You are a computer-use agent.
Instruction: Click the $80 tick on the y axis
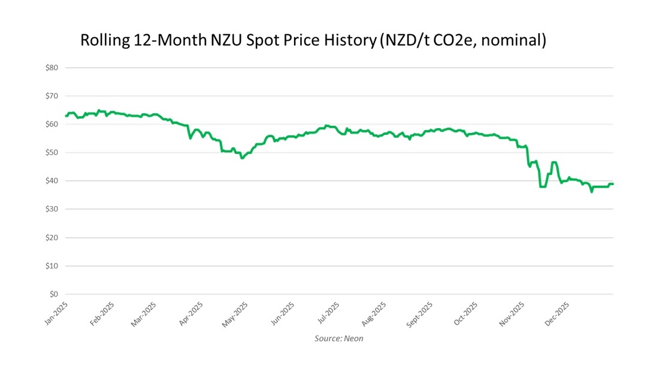click(x=52, y=68)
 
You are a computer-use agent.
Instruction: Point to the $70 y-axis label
click(x=52, y=96)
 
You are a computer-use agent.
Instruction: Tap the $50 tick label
click(x=52, y=153)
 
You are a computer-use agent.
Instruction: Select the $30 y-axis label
click(x=52, y=209)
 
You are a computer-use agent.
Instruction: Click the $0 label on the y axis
click(x=53, y=294)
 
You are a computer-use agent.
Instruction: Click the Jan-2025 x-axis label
click(x=56, y=314)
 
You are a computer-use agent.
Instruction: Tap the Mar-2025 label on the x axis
click(x=144, y=314)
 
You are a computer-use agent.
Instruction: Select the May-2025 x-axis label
click(x=235, y=314)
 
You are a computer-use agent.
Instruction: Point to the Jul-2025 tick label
click(x=328, y=313)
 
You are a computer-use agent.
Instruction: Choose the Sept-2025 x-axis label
click(x=419, y=315)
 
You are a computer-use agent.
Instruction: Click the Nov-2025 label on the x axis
click(x=513, y=314)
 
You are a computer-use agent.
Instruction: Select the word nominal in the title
click(x=514, y=41)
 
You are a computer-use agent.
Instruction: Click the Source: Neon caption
click(x=338, y=338)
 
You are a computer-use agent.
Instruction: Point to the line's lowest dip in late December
click(x=592, y=192)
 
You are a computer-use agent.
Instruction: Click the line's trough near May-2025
click(x=242, y=158)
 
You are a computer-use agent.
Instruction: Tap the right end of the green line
click(x=613, y=184)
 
